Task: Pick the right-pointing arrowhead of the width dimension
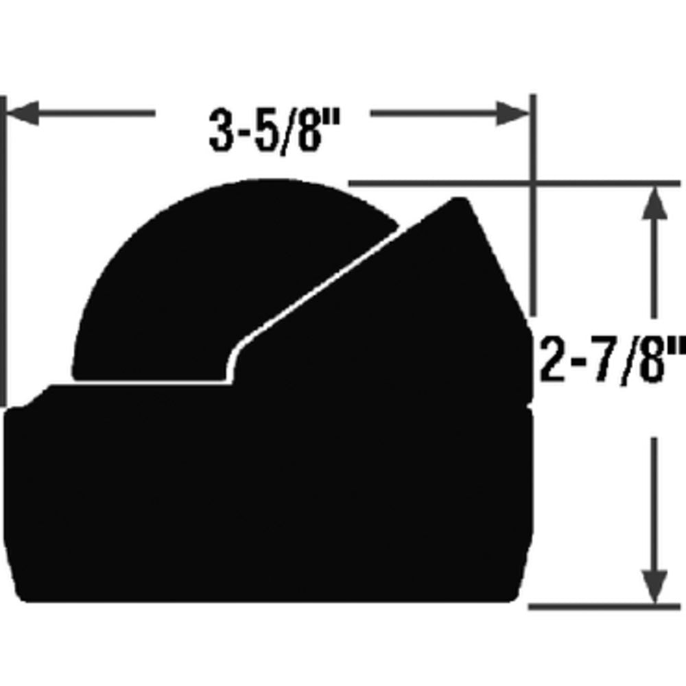point(514,113)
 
